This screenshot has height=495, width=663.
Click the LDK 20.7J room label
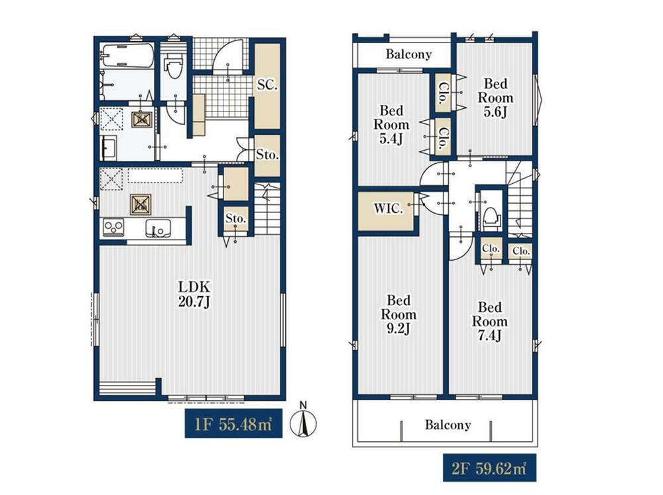pyautogui.click(x=194, y=295)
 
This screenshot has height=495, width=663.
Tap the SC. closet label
pyautogui.click(x=267, y=85)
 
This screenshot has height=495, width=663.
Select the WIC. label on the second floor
pyautogui.click(x=388, y=208)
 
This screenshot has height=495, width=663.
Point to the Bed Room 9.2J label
pyautogui.click(x=398, y=315)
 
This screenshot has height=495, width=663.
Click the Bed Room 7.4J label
pyautogui.click(x=490, y=321)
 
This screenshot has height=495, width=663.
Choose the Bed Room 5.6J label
pyautogui.click(x=495, y=98)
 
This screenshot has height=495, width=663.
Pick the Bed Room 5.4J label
pyautogui.click(x=391, y=125)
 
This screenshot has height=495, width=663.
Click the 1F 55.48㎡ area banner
pyautogui.click(x=233, y=423)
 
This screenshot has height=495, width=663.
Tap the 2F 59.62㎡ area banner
pyautogui.click(x=489, y=468)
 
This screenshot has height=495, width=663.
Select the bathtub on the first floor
pyautogui.click(x=127, y=55)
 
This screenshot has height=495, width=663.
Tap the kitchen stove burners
pyautogui.click(x=113, y=228)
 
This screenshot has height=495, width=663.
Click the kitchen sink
pyautogui.click(x=158, y=228)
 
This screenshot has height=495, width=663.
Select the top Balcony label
pyautogui.click(x=408, y=54)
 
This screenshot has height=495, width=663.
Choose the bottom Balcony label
pyautogui.click(x=448, y=425)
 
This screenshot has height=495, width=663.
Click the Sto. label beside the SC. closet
pyautogui.click(x=267, y=155)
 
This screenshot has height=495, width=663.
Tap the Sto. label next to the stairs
pyautogui.click(x=235, y=218)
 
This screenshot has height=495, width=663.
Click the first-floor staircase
pyautogui.click(x=267, y=209)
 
